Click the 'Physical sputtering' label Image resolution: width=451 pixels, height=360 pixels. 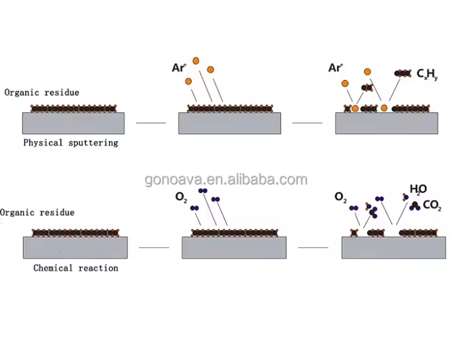[x=70, y=143]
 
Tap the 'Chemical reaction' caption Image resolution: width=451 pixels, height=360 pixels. [x=76, y=268]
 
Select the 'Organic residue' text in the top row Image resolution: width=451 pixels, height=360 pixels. [x=42, y=92]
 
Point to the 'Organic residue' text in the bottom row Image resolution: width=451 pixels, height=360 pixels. [x=38, y=212]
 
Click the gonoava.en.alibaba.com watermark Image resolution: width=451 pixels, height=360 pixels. [x=226, y=179]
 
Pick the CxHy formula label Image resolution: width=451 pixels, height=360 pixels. [x=428, y=74]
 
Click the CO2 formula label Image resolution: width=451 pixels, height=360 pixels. [x=431, y=206]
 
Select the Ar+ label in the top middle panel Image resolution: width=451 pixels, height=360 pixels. [x=179, y=67]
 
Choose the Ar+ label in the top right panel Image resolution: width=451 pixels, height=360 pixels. [x=335, y=67]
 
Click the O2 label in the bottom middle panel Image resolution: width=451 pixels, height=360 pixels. [x=181, y=197]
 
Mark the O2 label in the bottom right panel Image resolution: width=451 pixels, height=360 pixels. [x=340, y=197]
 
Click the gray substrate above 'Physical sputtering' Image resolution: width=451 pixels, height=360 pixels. [x=73, y=123]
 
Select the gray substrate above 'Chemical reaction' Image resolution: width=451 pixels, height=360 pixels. [x=75, y=247]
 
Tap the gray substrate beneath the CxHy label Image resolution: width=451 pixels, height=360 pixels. [x=387, y=123]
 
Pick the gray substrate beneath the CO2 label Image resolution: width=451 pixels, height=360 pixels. [x=394, y=247]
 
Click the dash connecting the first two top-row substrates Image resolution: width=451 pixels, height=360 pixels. [x=151, y=123]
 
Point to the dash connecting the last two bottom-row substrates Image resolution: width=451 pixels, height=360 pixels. [x=313, y=247]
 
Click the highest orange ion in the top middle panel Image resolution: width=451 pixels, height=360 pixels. [x=195, y=61]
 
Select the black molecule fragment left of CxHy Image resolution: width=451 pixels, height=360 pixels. [x=403, y=73]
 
